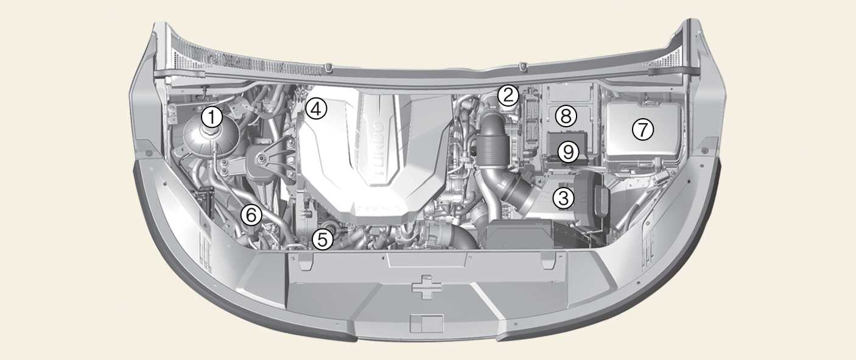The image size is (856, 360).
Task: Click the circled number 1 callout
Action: tap(212, 118)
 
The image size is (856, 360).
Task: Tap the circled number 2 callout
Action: tap(508, 96)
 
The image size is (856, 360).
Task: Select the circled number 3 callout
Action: tap(564, 198)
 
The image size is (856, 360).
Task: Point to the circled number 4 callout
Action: tap(316, 109)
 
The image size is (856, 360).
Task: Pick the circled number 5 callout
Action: tap(323, 239)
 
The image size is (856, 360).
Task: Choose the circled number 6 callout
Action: tap(251, 215)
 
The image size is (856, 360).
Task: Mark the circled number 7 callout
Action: tap(643, 129)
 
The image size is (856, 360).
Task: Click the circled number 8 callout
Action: tap(566, 116)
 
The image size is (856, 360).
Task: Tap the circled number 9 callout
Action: tap(568, 152)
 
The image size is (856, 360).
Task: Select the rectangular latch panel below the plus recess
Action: tap(427, 323)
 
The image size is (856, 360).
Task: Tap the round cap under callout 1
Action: tap(211, 132)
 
